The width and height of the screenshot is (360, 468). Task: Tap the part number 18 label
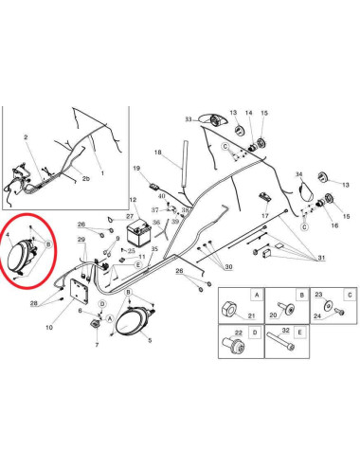[x=158, y=153]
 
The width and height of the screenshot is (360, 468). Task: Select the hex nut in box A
[x=228, y=308]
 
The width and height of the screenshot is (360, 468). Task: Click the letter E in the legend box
[x=299, y=333]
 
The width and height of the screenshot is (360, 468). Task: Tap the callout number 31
[x=321, y=258]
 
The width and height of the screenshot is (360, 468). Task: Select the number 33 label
[x=189, y=119]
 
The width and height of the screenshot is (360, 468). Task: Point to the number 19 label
[x=136, y=168]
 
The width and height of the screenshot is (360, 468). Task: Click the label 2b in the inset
[x=86, y=178]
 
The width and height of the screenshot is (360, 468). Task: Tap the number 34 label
[x=298, y=174]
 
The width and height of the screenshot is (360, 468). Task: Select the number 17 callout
[x=265, y=216]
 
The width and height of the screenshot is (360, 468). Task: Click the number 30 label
[x=228, y=267]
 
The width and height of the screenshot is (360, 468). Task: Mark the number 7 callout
[x=97, y=345]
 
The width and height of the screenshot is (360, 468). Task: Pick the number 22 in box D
[x=239, y=333]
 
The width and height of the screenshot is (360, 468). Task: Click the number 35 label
[x=154, y=249]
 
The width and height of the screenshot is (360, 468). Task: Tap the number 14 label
[x=249, y=113]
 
